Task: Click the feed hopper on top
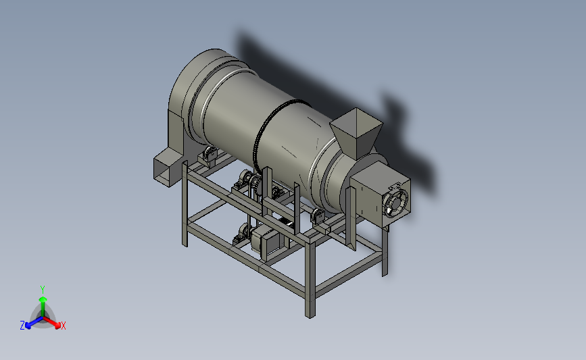pyautogui.click(x=356, y=133)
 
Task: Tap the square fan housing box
pyautogui.click(x=380, y=195)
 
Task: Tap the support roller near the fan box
pyautogui.click(x=318, y=217)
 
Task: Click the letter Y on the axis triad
pyautogui.click(x=43, y=290)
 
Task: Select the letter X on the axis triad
pyautogui.click(x=63, y=326)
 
